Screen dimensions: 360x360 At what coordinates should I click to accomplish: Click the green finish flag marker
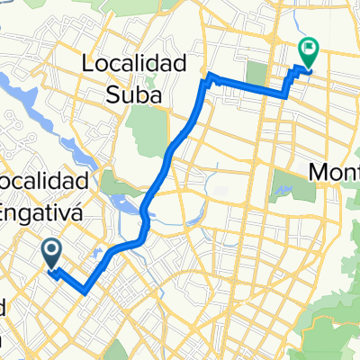(308, 53)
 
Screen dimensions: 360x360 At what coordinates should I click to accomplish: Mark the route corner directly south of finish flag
(286, 93)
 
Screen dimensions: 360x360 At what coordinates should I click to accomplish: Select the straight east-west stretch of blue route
(247, 86)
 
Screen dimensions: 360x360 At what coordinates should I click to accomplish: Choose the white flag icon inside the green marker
(309, 49)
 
